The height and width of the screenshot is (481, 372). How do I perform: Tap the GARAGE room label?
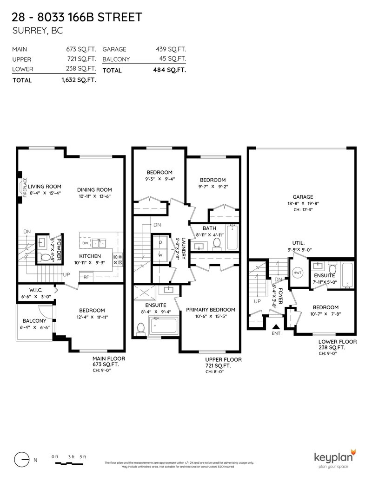coord(302,196)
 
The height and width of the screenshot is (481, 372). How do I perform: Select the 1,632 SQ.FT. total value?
coord(79,80)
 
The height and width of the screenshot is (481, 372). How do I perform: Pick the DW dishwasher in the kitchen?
coord(85,243)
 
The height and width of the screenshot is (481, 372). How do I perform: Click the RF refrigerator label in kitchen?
coord(86,277)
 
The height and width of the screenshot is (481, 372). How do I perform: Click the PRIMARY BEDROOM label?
coord(211,310)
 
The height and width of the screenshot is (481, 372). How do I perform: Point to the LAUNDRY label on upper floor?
coord(183,248)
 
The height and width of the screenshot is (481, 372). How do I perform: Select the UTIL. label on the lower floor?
coord(298,243)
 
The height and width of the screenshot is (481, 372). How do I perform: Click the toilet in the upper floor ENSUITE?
coord(141,328)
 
